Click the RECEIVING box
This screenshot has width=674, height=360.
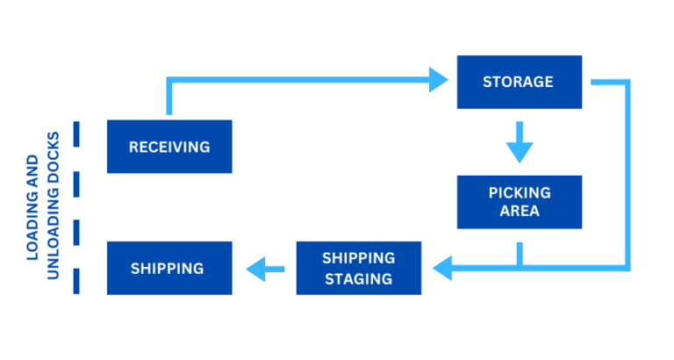[169, 147]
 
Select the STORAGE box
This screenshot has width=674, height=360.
[519, 82]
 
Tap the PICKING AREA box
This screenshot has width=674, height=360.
[519, 202]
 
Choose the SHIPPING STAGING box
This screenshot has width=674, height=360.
[358, 268]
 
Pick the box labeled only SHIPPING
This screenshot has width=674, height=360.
[169, 268]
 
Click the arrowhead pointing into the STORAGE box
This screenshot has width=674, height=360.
[439, 82]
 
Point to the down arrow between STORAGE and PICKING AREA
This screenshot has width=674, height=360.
[519, 143]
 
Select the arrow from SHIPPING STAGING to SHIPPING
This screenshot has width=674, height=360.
[264, 269]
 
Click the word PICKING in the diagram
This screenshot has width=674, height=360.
[519, 192]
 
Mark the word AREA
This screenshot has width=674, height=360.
[519, 212]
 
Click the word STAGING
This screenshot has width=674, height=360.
[358, 278]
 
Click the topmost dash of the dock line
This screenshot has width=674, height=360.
[76, 134]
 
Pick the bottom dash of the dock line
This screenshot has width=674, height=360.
[76, 280]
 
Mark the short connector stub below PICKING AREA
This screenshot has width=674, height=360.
[519, 252]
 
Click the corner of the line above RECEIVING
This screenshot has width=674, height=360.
[170, 83]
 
